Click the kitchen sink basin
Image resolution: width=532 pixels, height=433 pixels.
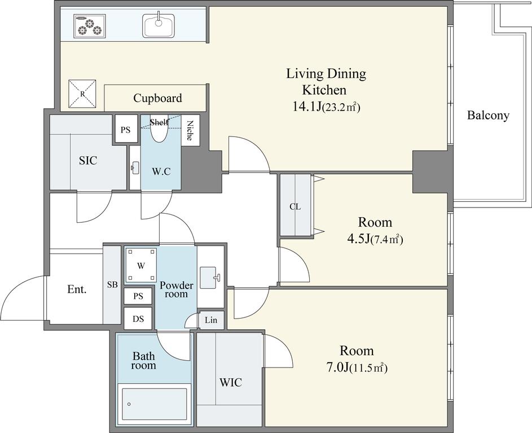pyautogui.click(x=159, y=26)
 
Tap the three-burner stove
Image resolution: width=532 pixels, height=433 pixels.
pyautogui.click(x=90, y=26)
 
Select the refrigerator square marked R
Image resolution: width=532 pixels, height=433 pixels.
pyautogui.click(x=82, y=94)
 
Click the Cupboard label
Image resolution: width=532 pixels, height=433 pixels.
pyautogui.click(x=157, y=98)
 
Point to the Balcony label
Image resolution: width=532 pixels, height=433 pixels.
pyautogui.click(x=488, y=115)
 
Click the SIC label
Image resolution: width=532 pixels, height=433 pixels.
pyautogui.click(x=88, y=160)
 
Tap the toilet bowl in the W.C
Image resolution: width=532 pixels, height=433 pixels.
pyautogui.click(x=159, y=130)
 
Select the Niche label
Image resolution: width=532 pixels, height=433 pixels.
pyautogui.click(x=190, y=130)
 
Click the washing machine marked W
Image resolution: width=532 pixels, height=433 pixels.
pyautogui.click(x=141, y=265)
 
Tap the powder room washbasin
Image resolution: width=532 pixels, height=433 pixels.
pyautogui.click(x=209, y=278)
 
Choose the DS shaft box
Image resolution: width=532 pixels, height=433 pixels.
pyautogui.click(x=138, y=319)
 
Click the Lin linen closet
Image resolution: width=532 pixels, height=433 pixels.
pyautogui.click(x=211, y=320)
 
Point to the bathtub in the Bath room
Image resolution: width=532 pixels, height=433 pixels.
pyautogui.click(x=154, y=404)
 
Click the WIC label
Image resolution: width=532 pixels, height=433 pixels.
pyautogui.click(x=231, y=382)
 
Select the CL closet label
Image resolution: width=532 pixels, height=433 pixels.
pyautogui.click(x=295, y=206)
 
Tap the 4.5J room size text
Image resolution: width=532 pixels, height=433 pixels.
pyautogui.click(x=375, y=240)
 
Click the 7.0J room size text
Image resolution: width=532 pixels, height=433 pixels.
pyautogui.click(x=357, y=368)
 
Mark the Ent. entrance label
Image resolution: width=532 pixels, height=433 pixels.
pyautogui.click(x=77, y=289)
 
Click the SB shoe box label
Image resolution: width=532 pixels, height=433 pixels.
pyautogui.click(x=112, y=285)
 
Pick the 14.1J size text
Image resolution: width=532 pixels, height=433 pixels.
pyautogui.click(x=326, y=107)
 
